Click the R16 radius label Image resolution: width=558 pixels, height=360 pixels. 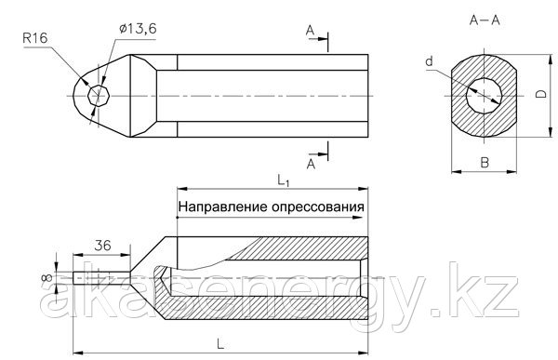tap(35, 38)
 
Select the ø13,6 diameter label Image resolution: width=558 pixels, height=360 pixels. tap(138, 29)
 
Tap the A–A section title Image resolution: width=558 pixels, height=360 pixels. tap(485, 20)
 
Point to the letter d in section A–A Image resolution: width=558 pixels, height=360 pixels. tap(430, 61)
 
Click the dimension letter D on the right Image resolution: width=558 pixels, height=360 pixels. tap(541, 94)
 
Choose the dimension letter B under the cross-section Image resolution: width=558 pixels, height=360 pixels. tap(485, 163)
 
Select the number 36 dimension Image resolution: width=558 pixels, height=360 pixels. tap(102, 246)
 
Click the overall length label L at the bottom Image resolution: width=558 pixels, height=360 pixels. tap(220, 344)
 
